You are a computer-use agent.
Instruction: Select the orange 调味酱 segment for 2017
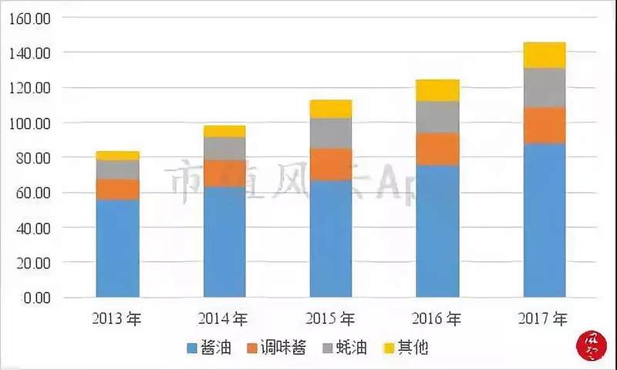tap(544, 125)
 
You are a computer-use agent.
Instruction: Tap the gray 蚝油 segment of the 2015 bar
tap(331, 133)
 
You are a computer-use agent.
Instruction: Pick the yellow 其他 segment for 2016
tap(437, 90)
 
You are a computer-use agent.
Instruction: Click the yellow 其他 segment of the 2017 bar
tap(544, 55)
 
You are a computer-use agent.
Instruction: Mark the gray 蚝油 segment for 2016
tap(437, 117)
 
